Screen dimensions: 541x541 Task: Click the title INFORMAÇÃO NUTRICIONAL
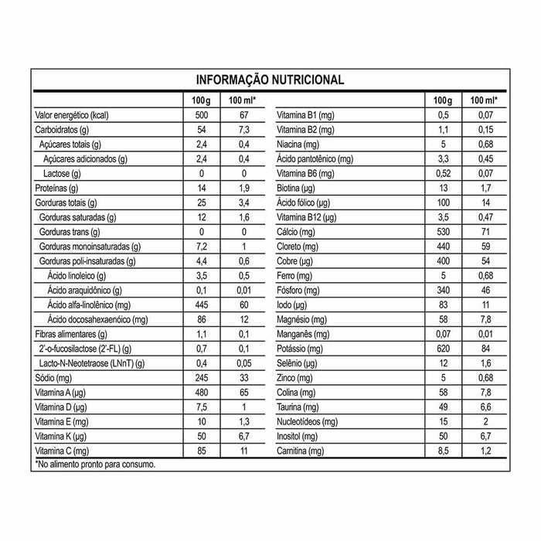pos(270,80)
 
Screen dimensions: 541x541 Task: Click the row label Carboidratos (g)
pos(63,129)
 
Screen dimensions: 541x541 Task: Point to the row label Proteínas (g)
pos(58,188)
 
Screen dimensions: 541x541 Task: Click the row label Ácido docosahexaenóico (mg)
pos(97,319)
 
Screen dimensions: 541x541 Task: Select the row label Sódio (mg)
pos(54,378)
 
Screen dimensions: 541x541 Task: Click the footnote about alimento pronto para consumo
pos(96,464)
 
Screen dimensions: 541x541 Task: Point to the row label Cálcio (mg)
pos(298,232)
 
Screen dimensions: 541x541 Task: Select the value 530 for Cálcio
pos(442,232)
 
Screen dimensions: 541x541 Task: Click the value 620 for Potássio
pos(442,349)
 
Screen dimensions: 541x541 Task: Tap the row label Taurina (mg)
pos(298,407)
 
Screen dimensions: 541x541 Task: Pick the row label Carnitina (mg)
pos(301,451)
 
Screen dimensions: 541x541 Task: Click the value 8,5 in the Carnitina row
pos(442,451)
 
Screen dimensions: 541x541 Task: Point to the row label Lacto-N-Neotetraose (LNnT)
pos(91,363)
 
